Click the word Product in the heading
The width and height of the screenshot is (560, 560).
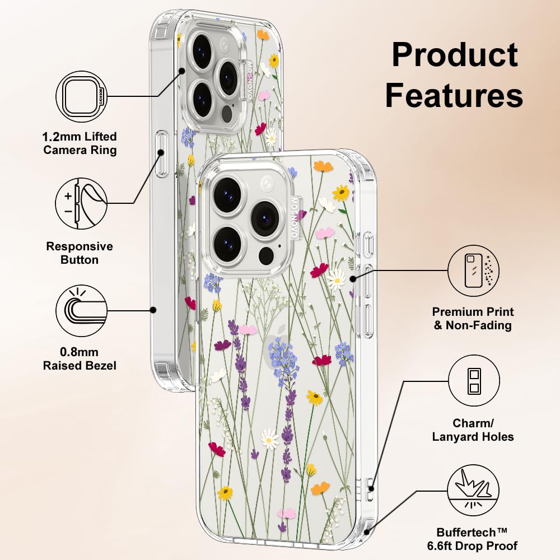click(x=455, y=56)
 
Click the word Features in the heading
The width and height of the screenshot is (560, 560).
click(x=454, y=96)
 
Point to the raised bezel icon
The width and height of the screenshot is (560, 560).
click(x=82, y=310)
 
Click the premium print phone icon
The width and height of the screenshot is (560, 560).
click(x=474, y=270)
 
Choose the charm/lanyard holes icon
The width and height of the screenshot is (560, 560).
click(x=474, y=381)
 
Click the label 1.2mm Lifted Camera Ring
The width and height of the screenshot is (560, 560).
click(x=80, y=143)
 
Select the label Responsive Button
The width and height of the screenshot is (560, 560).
click(x=80, y=253)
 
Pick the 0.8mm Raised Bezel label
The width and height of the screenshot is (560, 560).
click(x=80, y=359)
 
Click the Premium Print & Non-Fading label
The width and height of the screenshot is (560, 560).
click(x=473, y=319)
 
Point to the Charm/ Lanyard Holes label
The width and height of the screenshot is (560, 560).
click(x=473, y=430)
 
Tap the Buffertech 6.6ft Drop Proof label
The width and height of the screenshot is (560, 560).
click(x=477, y=539)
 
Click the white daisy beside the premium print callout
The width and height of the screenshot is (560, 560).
click(x=336, y=278)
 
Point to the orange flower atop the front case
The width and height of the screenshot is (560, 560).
click(x=323, y=166)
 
